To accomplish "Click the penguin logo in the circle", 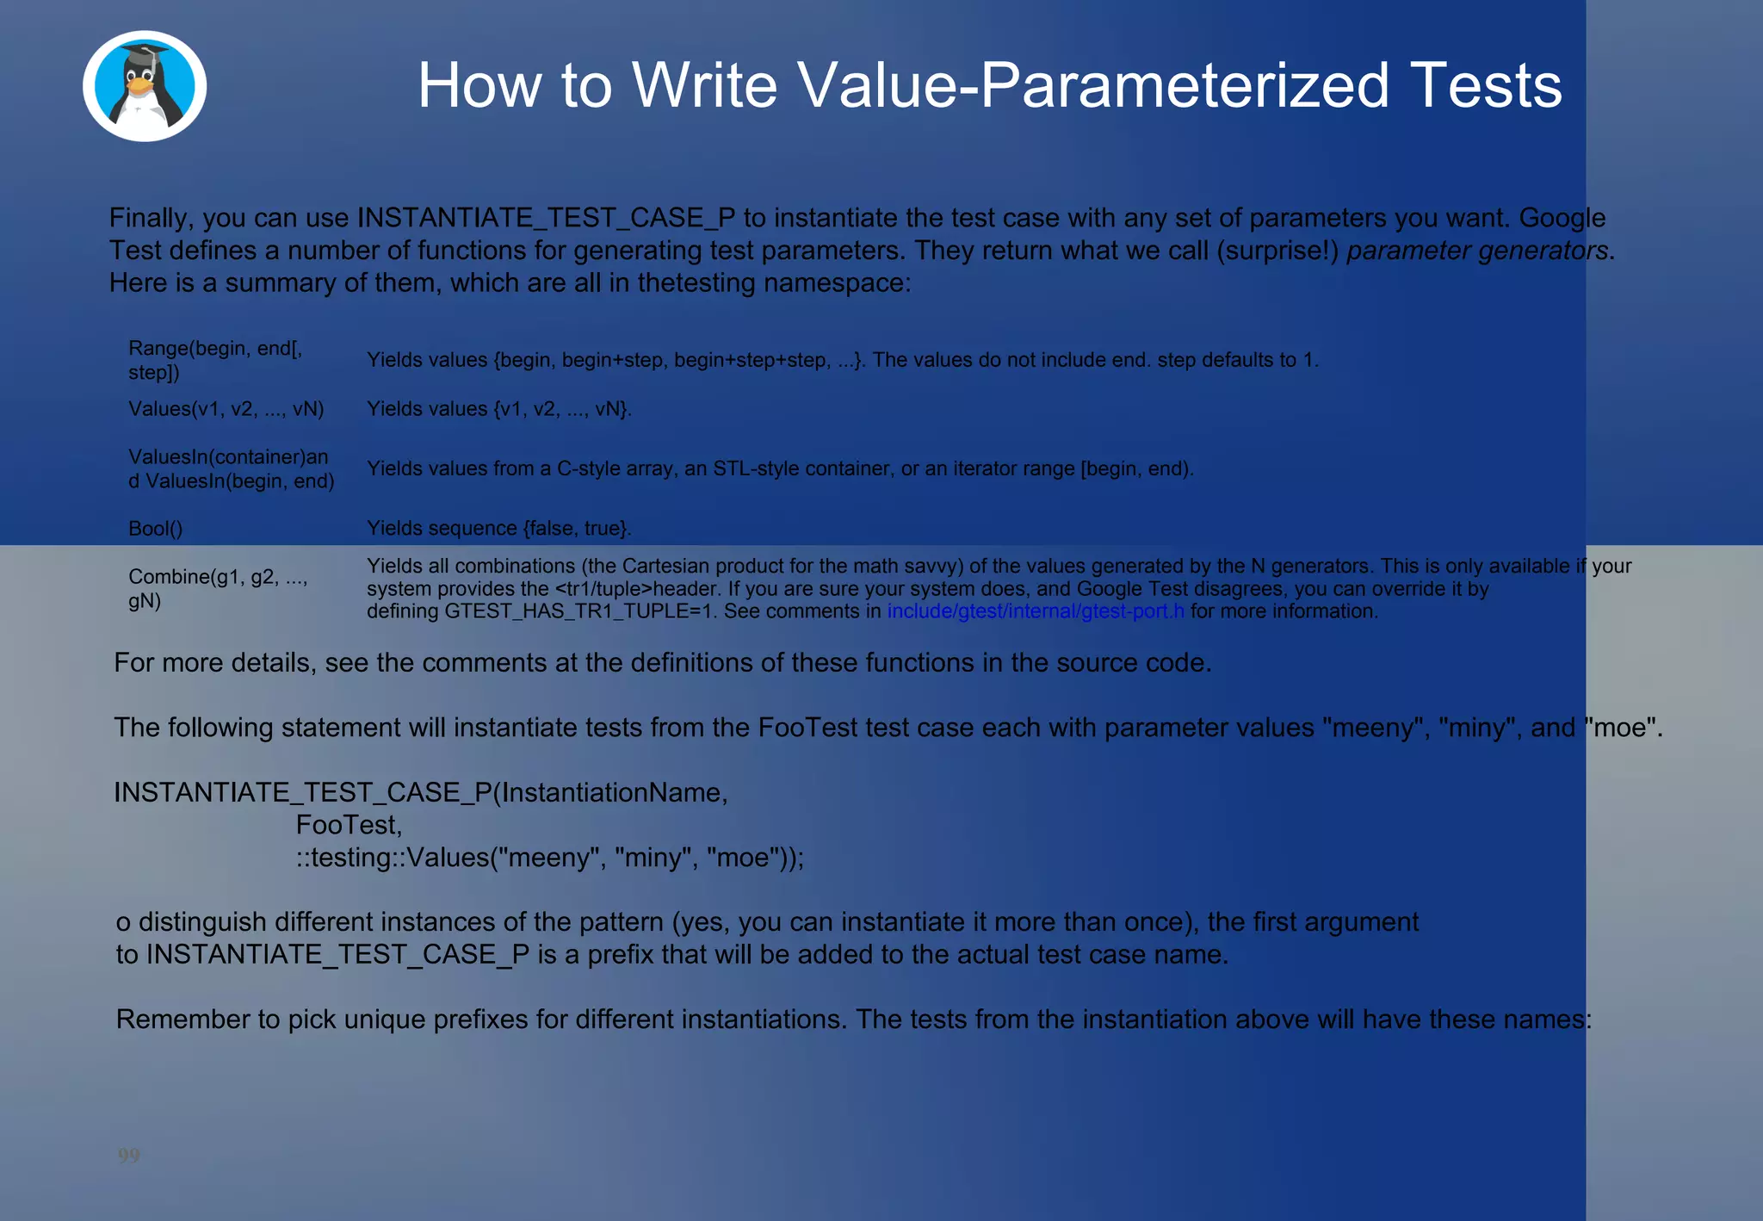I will coord(145,86).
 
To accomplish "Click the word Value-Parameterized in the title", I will coord(1012,85).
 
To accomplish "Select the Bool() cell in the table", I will coord(156,528).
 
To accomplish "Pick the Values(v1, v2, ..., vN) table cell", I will coord(226,409).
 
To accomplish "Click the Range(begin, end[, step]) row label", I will coord(215,360).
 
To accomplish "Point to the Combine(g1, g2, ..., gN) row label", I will coord(218,588).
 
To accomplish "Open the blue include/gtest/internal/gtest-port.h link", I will coord(1036,611).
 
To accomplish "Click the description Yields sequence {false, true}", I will coord(499,528).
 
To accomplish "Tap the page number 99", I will coord(129,1155).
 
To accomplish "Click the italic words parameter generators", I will coord(1477,251).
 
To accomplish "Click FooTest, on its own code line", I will coord(349,825).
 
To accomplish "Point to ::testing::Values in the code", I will coord(392,858).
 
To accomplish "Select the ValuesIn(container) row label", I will coord(228,457).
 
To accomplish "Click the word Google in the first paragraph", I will coord(1562,218).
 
